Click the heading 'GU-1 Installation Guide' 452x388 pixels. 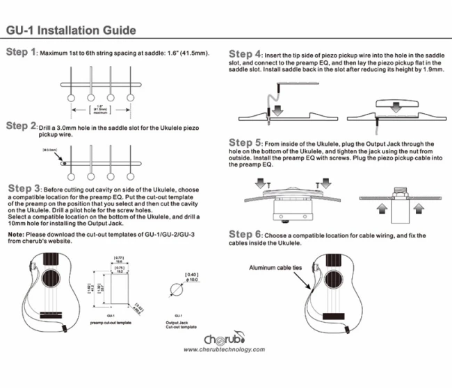pyautogui.click(x=70, y=31)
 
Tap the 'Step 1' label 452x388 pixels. pyautogui.click(x=20, y=53)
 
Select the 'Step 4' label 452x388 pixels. pyautogui.click(x=245, y=54)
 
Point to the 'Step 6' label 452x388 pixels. pyautogui.click(x=245, y=235)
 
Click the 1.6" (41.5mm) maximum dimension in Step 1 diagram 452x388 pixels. pyautogui.click(x=102, y=108)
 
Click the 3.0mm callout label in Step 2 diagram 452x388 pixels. pyautogui.click(x=49, y=149)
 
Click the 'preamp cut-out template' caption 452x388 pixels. pyautogui.click(x=111, y=323)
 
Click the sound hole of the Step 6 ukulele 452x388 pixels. pyautogui.click(x=320, y=267)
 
